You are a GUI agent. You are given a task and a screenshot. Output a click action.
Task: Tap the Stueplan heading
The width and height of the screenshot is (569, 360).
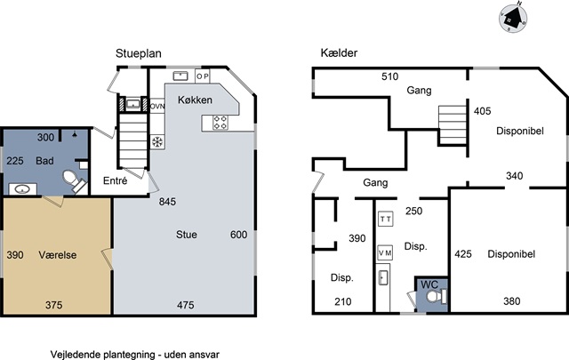click(139, 53)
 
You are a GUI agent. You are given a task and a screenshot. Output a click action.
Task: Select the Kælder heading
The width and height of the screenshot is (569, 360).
click(339, 53)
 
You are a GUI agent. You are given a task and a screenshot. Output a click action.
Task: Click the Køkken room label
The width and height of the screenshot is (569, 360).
click(195, 100)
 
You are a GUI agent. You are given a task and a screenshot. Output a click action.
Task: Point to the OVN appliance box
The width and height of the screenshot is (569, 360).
click(157, 106)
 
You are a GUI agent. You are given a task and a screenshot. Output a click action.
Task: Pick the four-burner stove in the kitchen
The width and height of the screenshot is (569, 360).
click(220, 123)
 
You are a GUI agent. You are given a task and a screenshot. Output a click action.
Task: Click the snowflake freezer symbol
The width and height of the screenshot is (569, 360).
click(157, 142)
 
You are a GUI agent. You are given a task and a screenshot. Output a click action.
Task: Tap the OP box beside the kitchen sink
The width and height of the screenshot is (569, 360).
click(203, 76)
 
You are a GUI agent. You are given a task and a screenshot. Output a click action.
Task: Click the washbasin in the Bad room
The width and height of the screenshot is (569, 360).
click(23, 189)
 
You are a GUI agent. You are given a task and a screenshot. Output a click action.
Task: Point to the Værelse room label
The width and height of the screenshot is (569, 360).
click(58, 255)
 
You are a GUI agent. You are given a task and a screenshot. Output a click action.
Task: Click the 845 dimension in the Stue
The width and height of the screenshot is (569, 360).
click(167, 202)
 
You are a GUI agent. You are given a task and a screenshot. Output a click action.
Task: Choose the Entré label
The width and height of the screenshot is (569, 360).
click(115, 180)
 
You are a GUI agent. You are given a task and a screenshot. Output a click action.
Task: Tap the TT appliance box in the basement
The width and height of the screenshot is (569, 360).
click(386, 220)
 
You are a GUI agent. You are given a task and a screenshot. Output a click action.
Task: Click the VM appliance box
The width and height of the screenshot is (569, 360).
click(385, 253)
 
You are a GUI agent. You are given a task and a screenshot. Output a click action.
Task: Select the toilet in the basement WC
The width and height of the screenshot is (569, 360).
click(437, 296)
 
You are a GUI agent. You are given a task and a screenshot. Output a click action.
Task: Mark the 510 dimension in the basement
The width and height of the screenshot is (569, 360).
click(389, 76)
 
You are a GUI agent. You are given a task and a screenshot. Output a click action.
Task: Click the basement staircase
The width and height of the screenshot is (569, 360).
click(453, 125)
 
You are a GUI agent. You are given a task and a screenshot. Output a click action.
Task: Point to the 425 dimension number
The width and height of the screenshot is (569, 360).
click(463, 254)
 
